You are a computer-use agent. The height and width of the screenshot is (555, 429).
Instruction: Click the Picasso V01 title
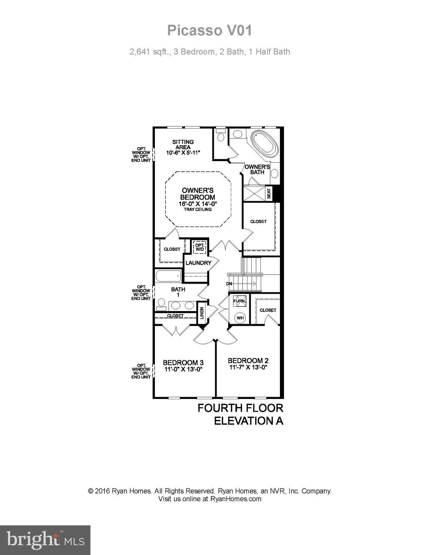point(209,31)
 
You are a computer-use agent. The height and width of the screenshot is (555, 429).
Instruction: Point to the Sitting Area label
point(183,145)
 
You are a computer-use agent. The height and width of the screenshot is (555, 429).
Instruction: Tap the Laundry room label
point(198,263)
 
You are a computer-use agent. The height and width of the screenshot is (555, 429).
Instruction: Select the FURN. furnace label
point(239,301)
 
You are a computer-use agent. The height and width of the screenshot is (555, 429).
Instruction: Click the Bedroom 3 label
point(183,362)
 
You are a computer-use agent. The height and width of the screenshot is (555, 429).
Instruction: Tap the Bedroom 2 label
point(248,361)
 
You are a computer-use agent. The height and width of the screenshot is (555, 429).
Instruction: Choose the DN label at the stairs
point(229,284)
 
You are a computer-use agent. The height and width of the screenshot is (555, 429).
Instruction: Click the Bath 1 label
point(178,292)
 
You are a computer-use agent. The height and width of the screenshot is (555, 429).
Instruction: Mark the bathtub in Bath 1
point(168,276)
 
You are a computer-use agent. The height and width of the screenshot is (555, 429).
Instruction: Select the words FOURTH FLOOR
point(240,408)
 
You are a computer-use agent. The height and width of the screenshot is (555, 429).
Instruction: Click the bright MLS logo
point(45,540)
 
